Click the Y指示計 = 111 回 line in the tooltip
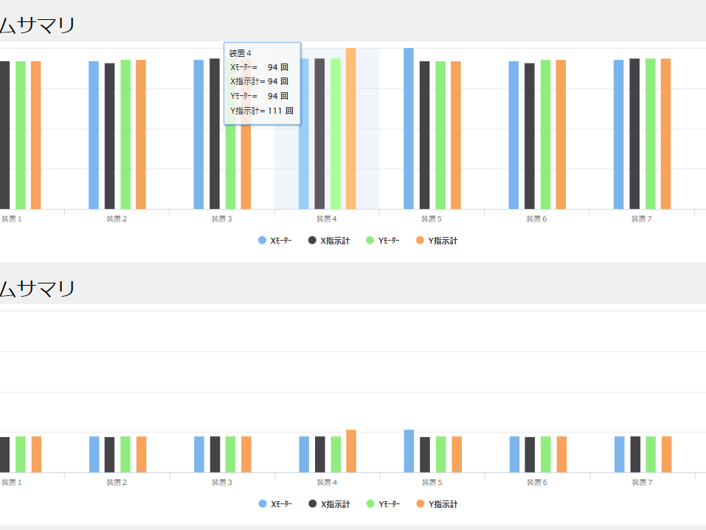(x=262, y=111)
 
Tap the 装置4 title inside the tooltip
(x=240, y=53)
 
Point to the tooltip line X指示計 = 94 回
(x=259, y=81)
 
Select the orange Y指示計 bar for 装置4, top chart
(x=350, y=129)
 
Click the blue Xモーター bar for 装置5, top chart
(x=409, y=129)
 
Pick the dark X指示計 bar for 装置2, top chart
(x=109, y=137)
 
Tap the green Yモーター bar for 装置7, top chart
(x=650, y=134)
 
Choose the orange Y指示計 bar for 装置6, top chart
(x=561, y=135)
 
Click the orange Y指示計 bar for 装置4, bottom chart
(x=351, y=451)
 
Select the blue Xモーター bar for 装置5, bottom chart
(x=409, y=451)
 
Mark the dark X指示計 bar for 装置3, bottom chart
(x=215, y=454)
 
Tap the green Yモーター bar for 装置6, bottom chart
(x=545, y=454)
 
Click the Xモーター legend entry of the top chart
(x=275, y=241)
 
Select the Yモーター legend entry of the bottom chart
(x=383, y=504)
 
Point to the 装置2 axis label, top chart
(x=117, y=219)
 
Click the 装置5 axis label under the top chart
(x=432, y=219)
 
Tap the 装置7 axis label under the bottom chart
(x=642, y=483)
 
